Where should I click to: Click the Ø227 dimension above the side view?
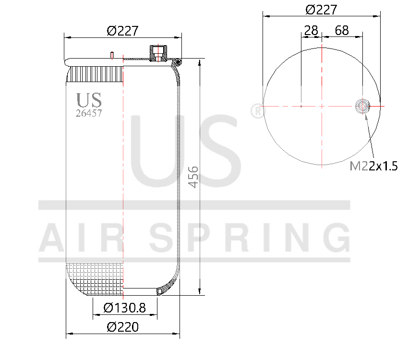coord(123,31)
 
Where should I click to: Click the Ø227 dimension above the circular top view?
coord(321,10)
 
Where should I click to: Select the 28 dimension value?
coord(311,31)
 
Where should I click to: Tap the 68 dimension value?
coord(342,31)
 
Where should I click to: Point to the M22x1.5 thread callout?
coord(373,166)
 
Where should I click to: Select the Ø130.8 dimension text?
coord(124,307)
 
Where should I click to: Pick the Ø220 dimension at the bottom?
coord(123,327)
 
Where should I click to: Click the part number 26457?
coord(89,113)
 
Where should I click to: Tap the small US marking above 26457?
coord(89,100)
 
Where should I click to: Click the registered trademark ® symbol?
coord(257,111)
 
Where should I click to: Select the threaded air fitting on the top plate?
coord(156,52)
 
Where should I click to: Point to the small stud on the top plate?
coord(111,55)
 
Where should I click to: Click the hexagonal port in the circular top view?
coord(362,106)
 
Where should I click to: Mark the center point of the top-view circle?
coord(322,106)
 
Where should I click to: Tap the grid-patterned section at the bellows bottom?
coord(95,278)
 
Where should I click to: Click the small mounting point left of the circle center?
coord(301,106)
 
